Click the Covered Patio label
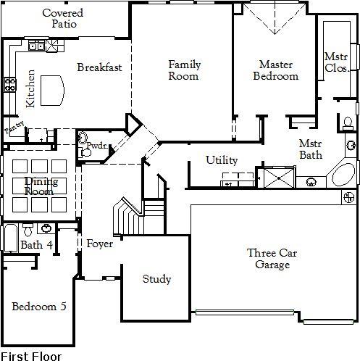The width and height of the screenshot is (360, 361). (63, 18)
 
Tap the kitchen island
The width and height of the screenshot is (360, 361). (52, 91)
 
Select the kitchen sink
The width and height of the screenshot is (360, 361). (36, 46)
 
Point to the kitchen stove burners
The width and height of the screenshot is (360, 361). (10, 85)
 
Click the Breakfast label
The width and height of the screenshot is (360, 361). (99, 67)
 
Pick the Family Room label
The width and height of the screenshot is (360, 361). (184, 70)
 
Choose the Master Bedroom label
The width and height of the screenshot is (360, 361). (276, 70)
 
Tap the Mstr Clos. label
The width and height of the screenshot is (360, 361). (337, 62)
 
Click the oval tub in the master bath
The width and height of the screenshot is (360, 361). (343, 175)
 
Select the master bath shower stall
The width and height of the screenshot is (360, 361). (279, 178)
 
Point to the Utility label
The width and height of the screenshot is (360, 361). (222, 160)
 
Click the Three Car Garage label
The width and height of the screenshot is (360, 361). (272, 259)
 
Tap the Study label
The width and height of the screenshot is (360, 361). (156, 279)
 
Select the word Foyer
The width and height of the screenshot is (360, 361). (100, 244)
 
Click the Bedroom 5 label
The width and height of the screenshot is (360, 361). (39, 307)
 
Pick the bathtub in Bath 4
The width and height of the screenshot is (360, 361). (11, 238)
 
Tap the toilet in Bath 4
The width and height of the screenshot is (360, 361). (28, 230)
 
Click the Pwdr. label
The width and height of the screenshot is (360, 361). (97, 146)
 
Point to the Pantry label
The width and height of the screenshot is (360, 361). (14, 128)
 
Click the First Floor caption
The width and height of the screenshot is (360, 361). (31, 357)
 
